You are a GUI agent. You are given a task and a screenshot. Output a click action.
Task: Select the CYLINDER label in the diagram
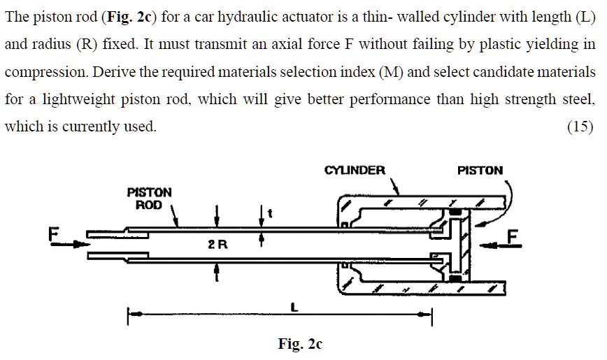355,170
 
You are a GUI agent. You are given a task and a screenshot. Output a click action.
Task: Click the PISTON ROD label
148,198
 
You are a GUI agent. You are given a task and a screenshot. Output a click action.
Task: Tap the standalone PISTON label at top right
480,170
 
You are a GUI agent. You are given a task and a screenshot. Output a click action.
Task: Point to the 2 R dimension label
217,245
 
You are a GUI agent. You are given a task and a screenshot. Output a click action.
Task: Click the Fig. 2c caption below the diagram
299,344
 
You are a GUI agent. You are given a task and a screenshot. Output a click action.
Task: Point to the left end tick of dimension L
128,317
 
